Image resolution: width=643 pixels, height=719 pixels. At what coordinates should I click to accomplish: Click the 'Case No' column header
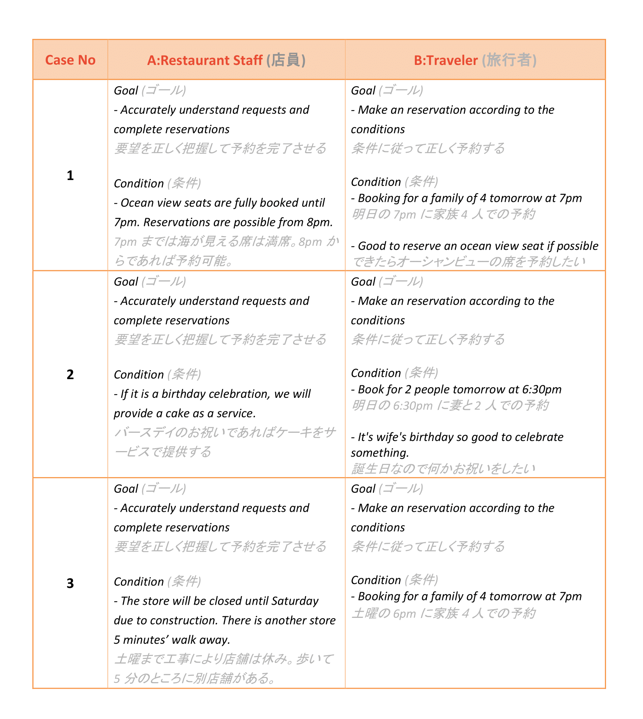point(70,60)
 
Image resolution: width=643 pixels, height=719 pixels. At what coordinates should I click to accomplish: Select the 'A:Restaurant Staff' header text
point(204,60)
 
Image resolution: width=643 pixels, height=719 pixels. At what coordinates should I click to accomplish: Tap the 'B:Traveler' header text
point(446,60)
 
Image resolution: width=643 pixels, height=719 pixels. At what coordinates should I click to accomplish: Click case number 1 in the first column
point(70,176)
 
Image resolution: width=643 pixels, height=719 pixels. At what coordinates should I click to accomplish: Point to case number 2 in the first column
point(70,374)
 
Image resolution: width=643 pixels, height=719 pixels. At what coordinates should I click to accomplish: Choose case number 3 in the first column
point(70,583)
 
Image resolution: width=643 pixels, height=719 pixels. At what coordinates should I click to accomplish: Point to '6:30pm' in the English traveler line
point(542,390)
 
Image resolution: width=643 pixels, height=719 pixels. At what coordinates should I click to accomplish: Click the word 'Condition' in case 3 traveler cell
point(376,580)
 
